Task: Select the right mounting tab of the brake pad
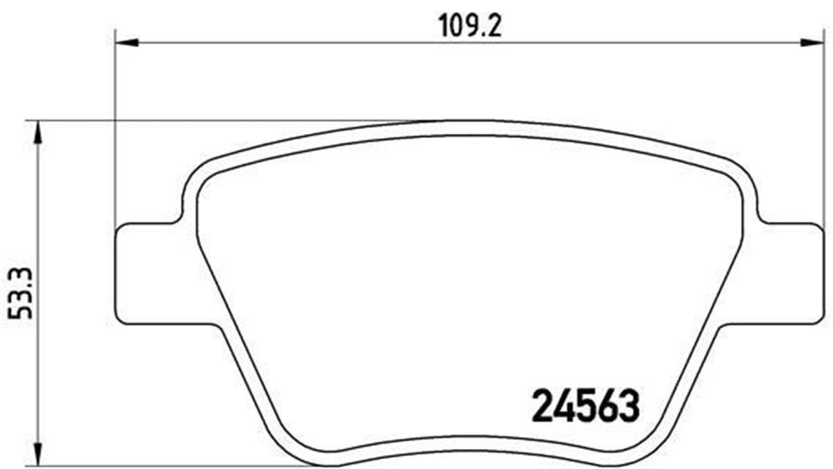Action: point(791,274)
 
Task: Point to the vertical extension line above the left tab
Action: point(114,139)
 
